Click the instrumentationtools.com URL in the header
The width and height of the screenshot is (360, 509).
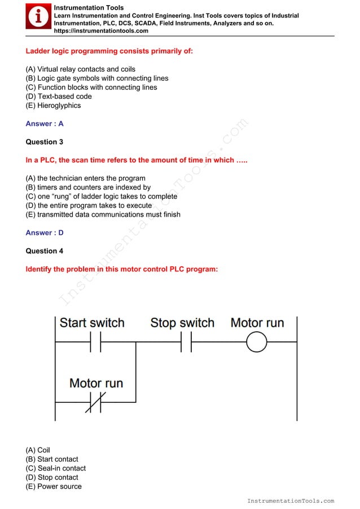(101, 31)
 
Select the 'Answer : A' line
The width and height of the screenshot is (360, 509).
(45, 124)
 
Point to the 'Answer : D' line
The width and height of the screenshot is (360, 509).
(45, 232)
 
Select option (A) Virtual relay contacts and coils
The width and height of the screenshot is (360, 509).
(81, 69)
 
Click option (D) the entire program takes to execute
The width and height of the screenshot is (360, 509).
(89, 205)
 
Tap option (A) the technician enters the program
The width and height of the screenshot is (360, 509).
(85, 178)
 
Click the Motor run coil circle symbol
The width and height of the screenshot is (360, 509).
(257, 342)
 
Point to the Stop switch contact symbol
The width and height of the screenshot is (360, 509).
(186, 342)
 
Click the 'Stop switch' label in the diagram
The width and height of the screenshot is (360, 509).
(182, 323)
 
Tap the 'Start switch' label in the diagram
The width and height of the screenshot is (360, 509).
(92, 323)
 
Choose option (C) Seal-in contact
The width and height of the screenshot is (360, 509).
(56, 468)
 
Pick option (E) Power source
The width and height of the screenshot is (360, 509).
(54, 486)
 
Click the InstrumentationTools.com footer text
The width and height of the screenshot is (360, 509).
(291, 501)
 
